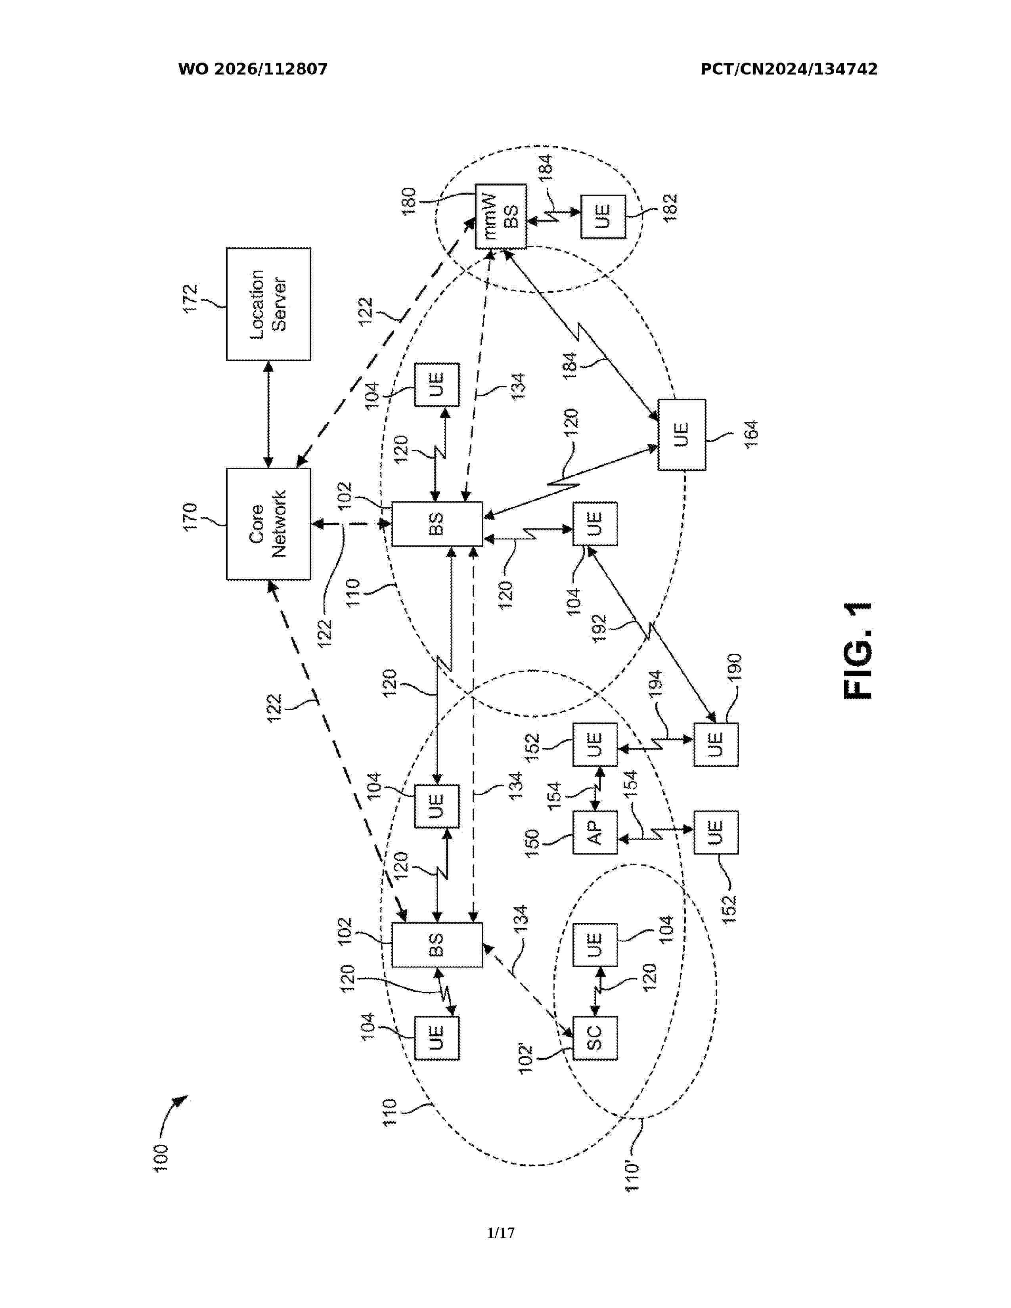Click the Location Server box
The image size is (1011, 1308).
coord(268,304)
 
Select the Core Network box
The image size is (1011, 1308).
coord(268,524)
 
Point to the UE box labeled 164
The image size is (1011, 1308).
coord(682,435)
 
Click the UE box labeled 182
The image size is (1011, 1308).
coord(603,216)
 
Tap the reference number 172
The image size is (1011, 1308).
coord(190,298)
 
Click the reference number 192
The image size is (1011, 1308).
coord(599,628)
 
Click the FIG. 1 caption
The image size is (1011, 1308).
coord(858,650)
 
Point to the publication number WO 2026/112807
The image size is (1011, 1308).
coord(253,69)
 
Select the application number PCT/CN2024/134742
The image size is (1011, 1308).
coord(789,69)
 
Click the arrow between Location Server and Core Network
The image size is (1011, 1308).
coord(268,415)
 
